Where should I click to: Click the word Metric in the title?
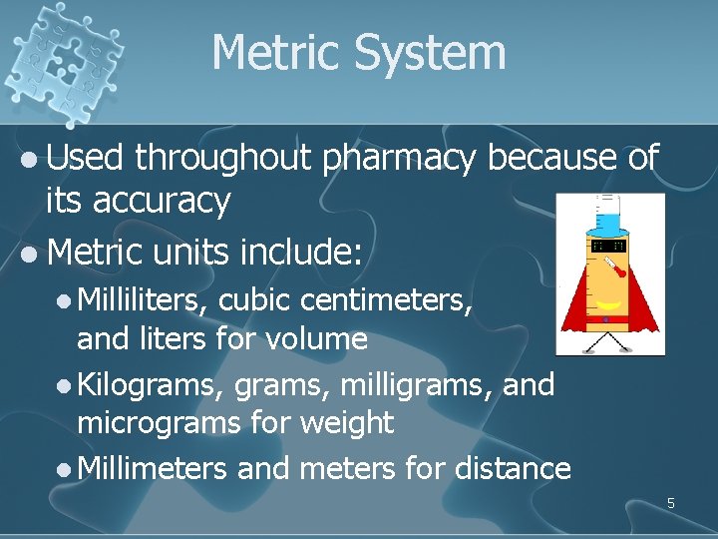pos(273,52)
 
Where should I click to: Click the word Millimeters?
pos(152,467)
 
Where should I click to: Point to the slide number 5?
pos(671,503)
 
